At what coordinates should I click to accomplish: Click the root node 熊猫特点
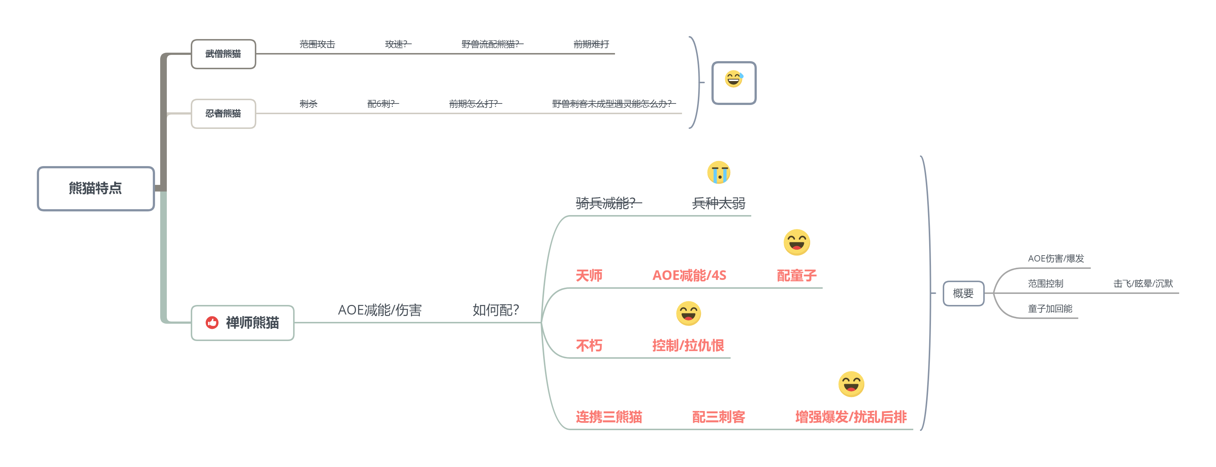96,189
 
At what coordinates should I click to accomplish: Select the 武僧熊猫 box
223,54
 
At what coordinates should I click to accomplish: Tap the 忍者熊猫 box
223,113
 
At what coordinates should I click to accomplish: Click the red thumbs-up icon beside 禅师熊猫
212,323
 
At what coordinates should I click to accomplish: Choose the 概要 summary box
963,293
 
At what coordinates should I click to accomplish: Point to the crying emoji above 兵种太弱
718,172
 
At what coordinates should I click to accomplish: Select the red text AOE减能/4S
689,275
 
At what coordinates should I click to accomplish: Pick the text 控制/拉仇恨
688,345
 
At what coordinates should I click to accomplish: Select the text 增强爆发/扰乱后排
851,417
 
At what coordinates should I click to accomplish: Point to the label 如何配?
496,310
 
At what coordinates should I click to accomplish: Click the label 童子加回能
1050,309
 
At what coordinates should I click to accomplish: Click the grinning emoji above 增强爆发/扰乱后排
851,384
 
